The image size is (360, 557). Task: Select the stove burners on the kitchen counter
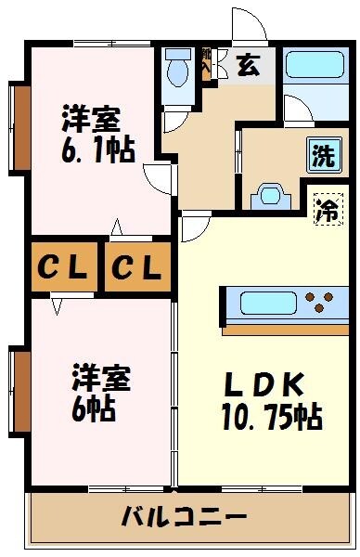(x=318, y=302)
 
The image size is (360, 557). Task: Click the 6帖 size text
(x=94, y=409)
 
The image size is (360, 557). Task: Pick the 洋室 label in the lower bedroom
(x=101, y=379)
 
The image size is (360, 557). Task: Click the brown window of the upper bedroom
(x=19, y=128)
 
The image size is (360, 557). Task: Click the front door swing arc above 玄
(x=247, y=26)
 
